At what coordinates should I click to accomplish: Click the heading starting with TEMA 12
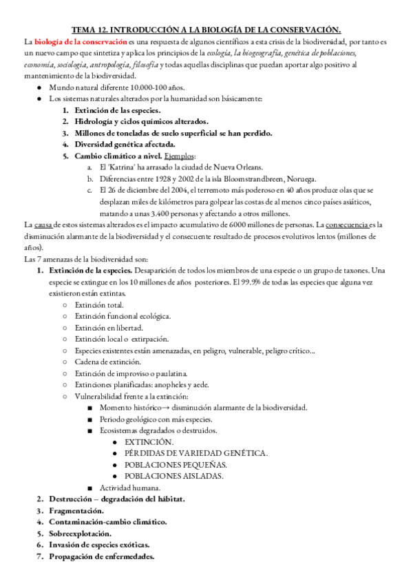click(206, 30)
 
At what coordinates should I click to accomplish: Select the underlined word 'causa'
click(44, 225)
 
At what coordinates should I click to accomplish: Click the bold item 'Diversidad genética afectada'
click(125, 144)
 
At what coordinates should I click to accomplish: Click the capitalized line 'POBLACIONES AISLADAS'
click(173, 475)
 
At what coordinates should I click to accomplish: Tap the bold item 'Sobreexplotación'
click(82, 533)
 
